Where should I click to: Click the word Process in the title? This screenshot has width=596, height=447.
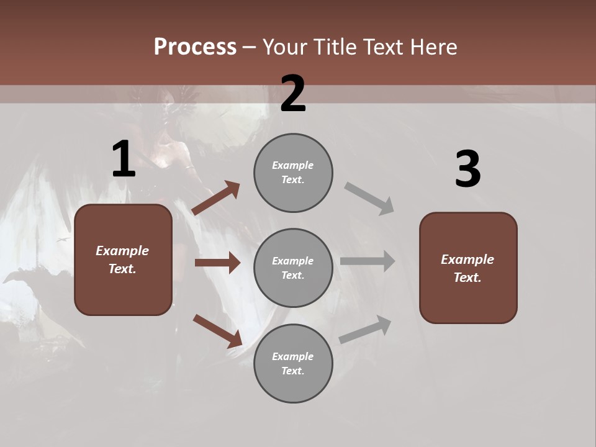[195, 47]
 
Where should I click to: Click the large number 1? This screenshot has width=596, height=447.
[124, 160]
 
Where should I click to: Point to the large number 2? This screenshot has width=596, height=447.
[293, 94]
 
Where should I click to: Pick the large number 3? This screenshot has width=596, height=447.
[467, 169]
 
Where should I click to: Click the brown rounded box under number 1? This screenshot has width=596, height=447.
[123, 260]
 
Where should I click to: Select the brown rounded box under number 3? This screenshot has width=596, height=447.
[468, 268]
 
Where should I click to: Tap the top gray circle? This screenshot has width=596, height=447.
[293, 173]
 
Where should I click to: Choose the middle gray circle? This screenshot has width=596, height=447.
[293, 268]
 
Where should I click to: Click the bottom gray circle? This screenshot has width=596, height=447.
[293, 363]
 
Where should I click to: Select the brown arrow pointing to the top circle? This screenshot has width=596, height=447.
[215, 198]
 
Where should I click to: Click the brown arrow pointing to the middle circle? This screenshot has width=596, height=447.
[217, 263]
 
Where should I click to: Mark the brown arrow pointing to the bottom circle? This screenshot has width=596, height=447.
[217, 331]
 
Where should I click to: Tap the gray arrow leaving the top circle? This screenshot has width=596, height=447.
[369, 198]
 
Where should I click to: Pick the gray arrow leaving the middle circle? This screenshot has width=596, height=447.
[368, 261]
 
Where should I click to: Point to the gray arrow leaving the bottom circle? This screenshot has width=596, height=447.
[366, 330]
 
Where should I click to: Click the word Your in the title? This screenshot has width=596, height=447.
[282, 47]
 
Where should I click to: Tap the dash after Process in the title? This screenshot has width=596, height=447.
[250, 48]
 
